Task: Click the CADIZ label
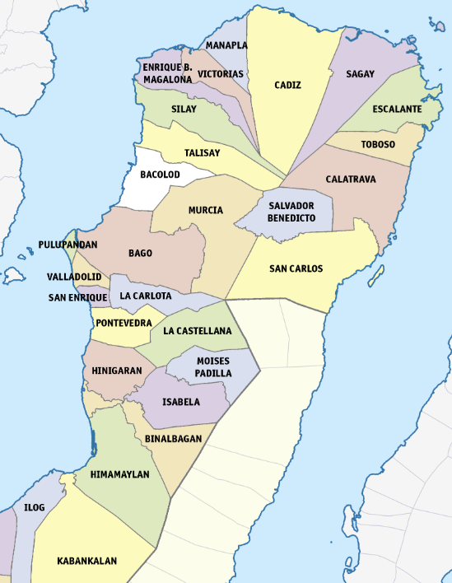coord(287,85)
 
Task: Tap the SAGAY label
coord(360,74)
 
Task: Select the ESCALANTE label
coord(397,109)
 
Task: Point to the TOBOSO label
coord(378,145)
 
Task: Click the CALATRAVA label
coord(351,179)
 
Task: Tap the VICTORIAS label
coord(221,74)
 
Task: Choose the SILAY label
coord(184,109)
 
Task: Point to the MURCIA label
coord(205,210)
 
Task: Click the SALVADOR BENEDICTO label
coord(291,212)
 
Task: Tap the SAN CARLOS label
coord(296,268)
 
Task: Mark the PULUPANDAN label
coord(68,245)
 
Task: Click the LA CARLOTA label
coord(146,296)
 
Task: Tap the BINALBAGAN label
coord(173,439)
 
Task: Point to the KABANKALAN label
coord(86,561)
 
